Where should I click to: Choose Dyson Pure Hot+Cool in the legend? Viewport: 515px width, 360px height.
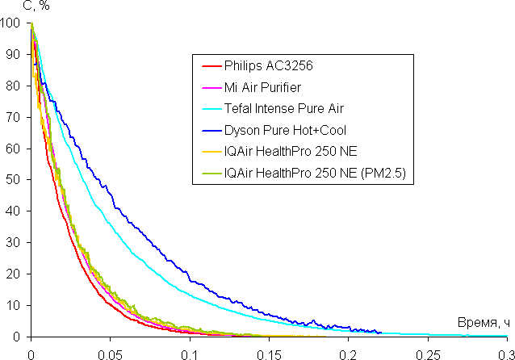click(x=281, y=129)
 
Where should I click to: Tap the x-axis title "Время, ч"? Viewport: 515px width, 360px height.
click(x=484, y=322)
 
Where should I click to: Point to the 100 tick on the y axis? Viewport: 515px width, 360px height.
click(x=10, y=23)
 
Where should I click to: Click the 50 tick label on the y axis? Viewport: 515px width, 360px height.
click(x=13, y=180)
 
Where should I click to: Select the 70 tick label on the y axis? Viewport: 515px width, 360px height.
click(x=13, y=118)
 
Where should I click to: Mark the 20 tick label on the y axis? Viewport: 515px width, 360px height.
click(x=13, y=274)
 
